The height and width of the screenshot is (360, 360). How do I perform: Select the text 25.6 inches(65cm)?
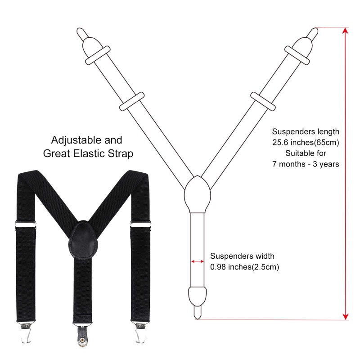306,143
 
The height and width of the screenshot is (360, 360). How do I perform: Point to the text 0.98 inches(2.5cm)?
244,267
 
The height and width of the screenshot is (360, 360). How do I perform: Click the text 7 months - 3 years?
306,164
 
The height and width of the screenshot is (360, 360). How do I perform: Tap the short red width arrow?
198,261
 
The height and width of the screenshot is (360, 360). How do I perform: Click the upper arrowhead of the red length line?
345,31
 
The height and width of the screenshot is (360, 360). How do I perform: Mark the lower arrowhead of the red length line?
345,316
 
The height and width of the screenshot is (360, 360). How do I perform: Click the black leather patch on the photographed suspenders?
83,239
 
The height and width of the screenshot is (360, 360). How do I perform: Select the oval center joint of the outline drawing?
198,194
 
